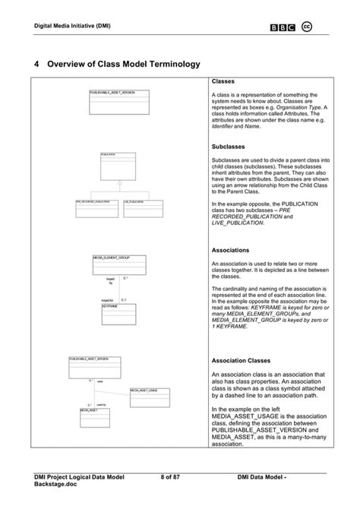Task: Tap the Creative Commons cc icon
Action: (x=308, y=27)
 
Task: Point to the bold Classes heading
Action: (x=223, y=81)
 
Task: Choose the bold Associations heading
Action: (x=231, y=249)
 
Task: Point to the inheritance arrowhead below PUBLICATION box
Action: (x=118, y=185)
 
